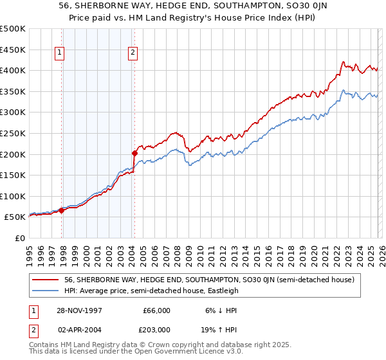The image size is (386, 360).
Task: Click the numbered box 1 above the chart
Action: click(59, 53)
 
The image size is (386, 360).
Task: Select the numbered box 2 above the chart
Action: click(133, 53)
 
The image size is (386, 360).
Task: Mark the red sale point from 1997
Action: click(62, 210)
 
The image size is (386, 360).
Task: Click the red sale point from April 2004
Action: click(134, 153)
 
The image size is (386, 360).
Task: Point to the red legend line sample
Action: click(46, 280)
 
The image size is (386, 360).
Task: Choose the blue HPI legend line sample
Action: click(46, 291)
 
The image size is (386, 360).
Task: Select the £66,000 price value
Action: click(156, 310)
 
